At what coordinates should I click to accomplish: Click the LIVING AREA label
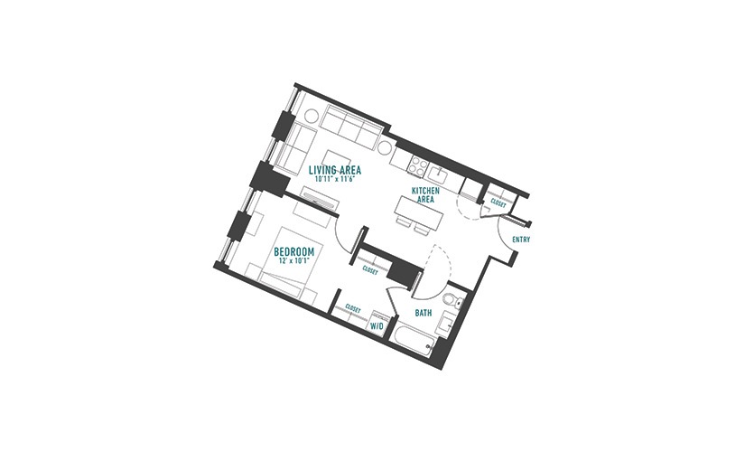[x=335, y=170]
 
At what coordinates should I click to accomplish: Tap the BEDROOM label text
[x=294, y=251]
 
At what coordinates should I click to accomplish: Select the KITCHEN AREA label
[x=425, y=195]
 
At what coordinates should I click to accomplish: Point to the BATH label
[x=424, y=313]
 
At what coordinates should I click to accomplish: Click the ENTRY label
[x=521, y=240]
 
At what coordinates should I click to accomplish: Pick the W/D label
[x=377, y=326]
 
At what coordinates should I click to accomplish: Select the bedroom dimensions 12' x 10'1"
[x=294, y=260]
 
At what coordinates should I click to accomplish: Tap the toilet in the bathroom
[x=452, y=300]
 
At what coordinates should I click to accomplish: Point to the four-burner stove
[x=418, y=166]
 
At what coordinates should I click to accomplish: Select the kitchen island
[x=419, y=212]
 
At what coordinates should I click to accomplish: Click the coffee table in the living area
[x=338, y=158]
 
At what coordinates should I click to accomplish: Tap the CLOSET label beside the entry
[x=498, y=203]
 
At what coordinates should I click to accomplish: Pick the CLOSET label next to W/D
[x=353, y=308]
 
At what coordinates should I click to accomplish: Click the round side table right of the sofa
[x=386, y=146]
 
